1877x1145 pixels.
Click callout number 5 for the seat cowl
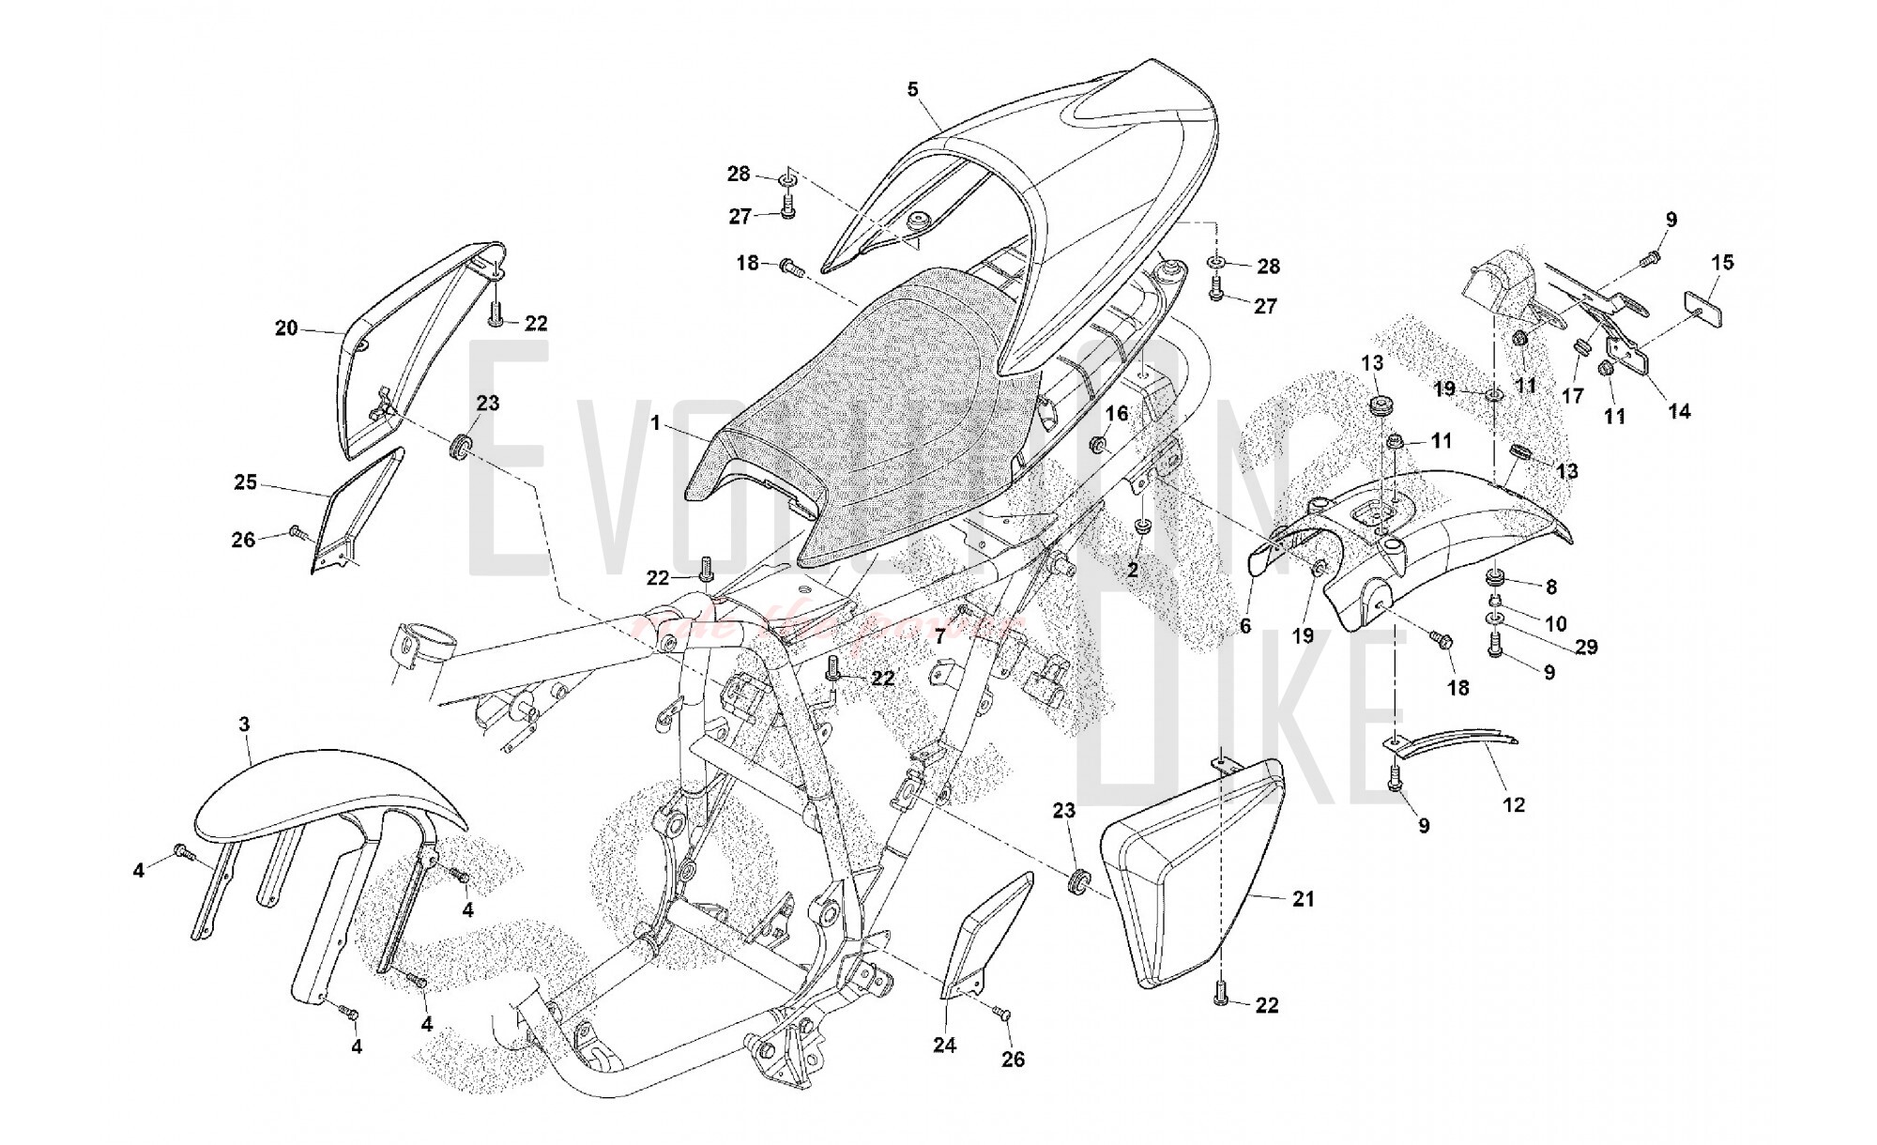pos(912,90)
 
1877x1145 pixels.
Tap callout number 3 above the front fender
pos(245,725)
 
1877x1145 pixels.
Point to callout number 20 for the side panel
pos(286,328)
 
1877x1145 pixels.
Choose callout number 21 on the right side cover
pos(1304,899)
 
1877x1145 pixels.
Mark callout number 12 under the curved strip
pos(1514,804)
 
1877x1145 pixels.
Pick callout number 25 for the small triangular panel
pos(245,482)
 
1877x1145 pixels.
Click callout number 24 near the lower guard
pos(944,1045)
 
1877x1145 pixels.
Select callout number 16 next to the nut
pos(1116,414)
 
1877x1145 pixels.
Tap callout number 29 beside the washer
pos(1586,647)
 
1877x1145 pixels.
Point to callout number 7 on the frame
pos(939,637)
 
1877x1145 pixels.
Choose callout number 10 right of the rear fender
pos(1555,623)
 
